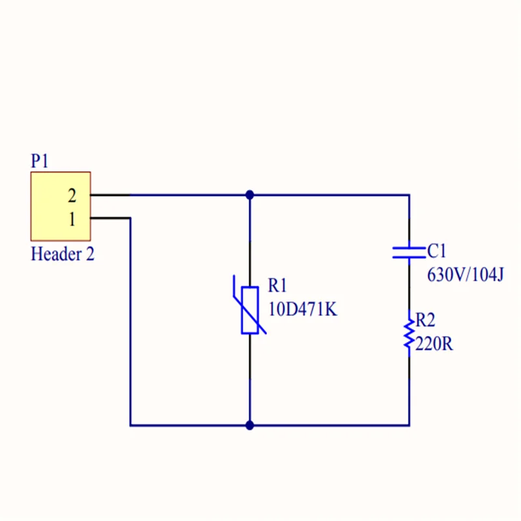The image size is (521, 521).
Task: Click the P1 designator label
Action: coord(40,161)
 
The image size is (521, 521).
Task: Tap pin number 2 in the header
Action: coord(72,195)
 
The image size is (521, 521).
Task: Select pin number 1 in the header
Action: coord(72,219)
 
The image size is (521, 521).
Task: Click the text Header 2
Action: coord(63,254)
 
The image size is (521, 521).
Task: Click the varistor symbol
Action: coord(249,309)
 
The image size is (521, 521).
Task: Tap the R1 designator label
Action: coord(278,287)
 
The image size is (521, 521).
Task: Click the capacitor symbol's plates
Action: coord(409,251)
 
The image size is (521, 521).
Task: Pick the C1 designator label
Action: coord(437,251)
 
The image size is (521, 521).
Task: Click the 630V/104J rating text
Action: coord(465,274)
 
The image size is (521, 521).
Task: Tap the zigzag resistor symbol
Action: coord(408,333)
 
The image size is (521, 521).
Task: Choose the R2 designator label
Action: coord(425,320)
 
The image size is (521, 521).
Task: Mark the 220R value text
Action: coord(434,343)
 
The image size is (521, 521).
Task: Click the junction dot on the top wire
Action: coord(249,195)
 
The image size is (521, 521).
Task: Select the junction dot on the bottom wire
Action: coord(249,425)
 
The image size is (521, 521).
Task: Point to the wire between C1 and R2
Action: coord(409,287)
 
